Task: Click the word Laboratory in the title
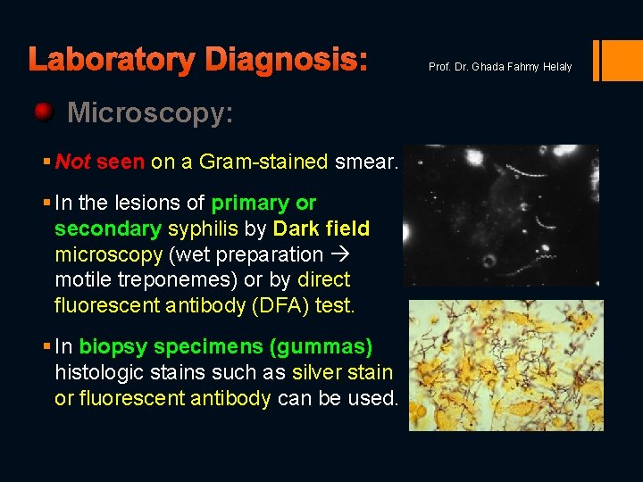(x=112, y=60)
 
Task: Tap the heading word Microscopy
(x=150, y=112)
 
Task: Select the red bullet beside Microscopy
(x=43, y=112)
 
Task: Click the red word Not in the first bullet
(x=72, y=162)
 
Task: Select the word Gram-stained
(x=263, y=162)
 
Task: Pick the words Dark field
(x=321, y=229)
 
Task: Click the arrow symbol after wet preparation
(x=341, y=254)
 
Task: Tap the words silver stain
(x=342, y=372)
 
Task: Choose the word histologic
(x=99, y=372)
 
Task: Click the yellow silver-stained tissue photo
(x=505, y=365)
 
